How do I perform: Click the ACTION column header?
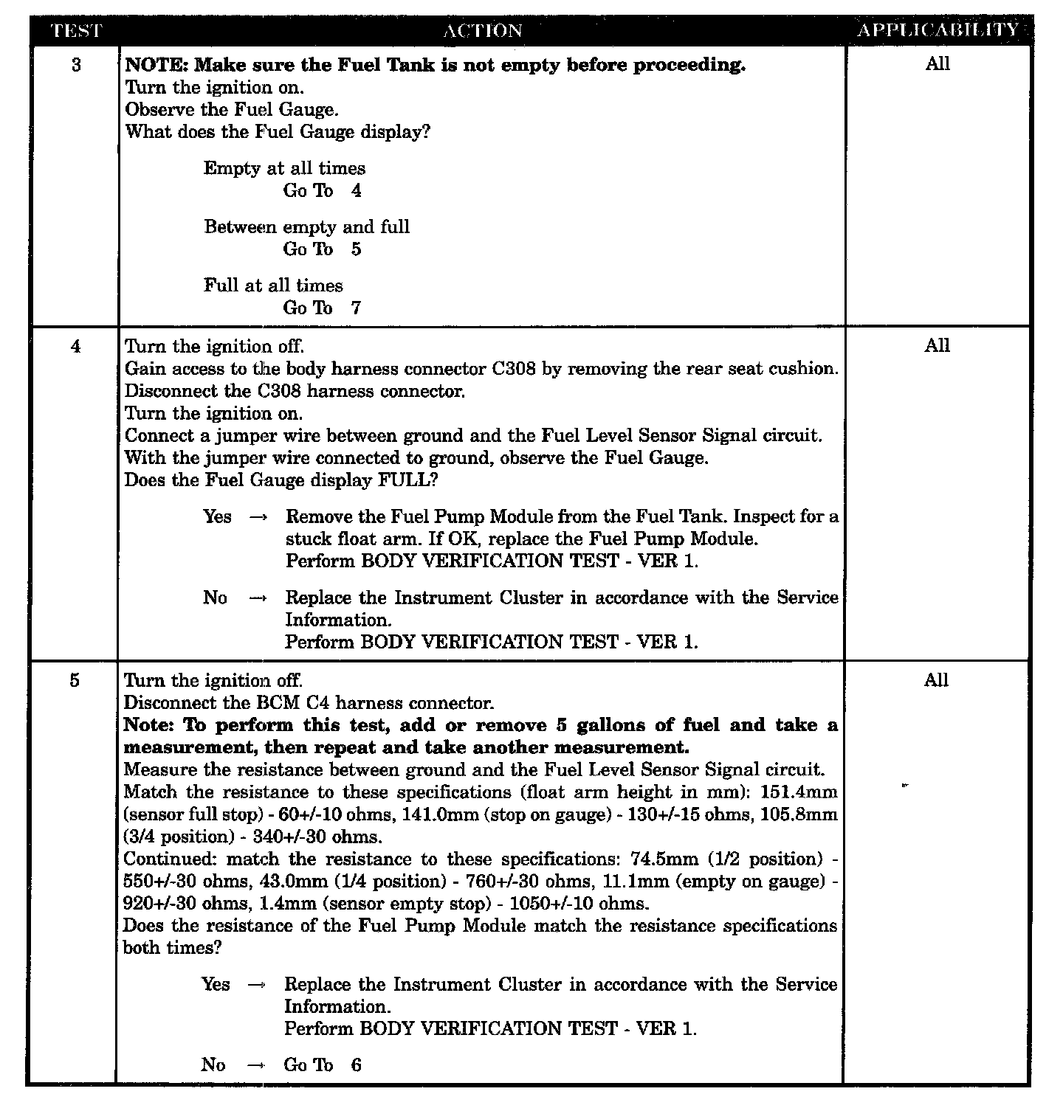tap(483, 31)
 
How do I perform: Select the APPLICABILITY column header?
tap(938, 30)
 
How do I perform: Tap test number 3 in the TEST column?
tap(76, 65)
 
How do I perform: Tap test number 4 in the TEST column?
tap(75, 346)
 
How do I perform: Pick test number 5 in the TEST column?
tap(75, 680)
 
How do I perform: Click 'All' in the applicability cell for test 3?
tap(938, 64)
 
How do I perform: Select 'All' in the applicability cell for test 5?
tap(936, 680)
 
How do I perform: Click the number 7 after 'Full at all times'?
tap(356, 308)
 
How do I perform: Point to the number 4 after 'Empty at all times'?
tap(356, 190)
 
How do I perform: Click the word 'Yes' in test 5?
tap(216, 984)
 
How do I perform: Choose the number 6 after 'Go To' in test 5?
tap(356, 1065)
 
